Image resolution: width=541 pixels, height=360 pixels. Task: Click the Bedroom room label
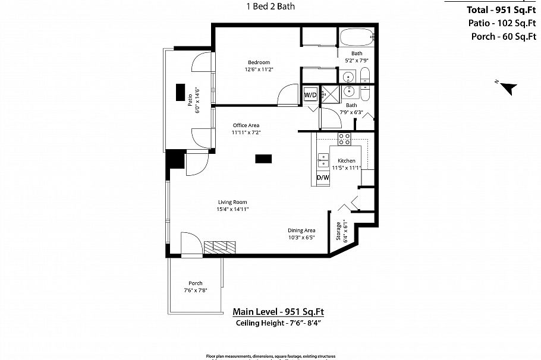click(259, 62)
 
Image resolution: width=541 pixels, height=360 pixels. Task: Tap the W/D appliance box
click(310, 95)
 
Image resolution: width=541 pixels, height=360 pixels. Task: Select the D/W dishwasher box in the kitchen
click(322, 178)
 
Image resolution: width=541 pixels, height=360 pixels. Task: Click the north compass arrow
click(507, 88)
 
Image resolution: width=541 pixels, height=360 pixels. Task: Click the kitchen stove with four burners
click(344, 139)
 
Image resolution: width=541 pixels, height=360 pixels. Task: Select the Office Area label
click(246, 125)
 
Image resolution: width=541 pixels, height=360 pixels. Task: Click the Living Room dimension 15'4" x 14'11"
click(232, 209)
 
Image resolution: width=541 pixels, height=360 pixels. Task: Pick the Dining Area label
click(301, 230)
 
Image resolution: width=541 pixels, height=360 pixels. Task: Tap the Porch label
click(195, 283)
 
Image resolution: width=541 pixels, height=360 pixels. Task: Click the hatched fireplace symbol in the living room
click(220, 247)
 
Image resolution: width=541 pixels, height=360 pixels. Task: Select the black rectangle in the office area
click(263, 159)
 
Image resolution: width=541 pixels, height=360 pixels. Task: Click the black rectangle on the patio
click(180, 92)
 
